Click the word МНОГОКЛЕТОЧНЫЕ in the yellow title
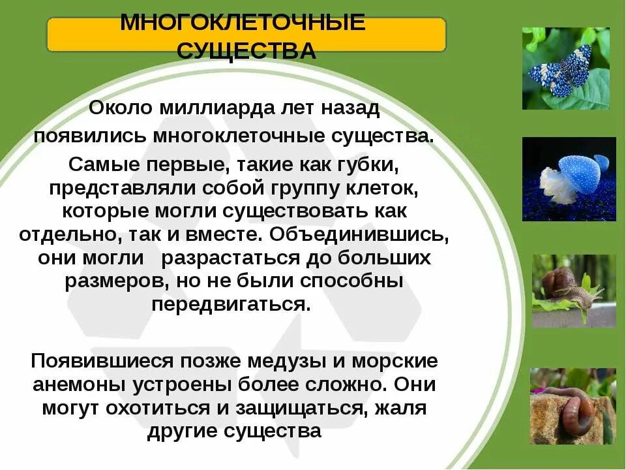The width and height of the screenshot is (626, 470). (x=243, y=23)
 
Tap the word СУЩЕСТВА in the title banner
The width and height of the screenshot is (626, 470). (x=246, y=51)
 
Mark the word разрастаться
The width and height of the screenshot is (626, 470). (x=229, y=258)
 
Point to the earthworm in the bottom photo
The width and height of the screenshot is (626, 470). (x=574, y=411)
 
